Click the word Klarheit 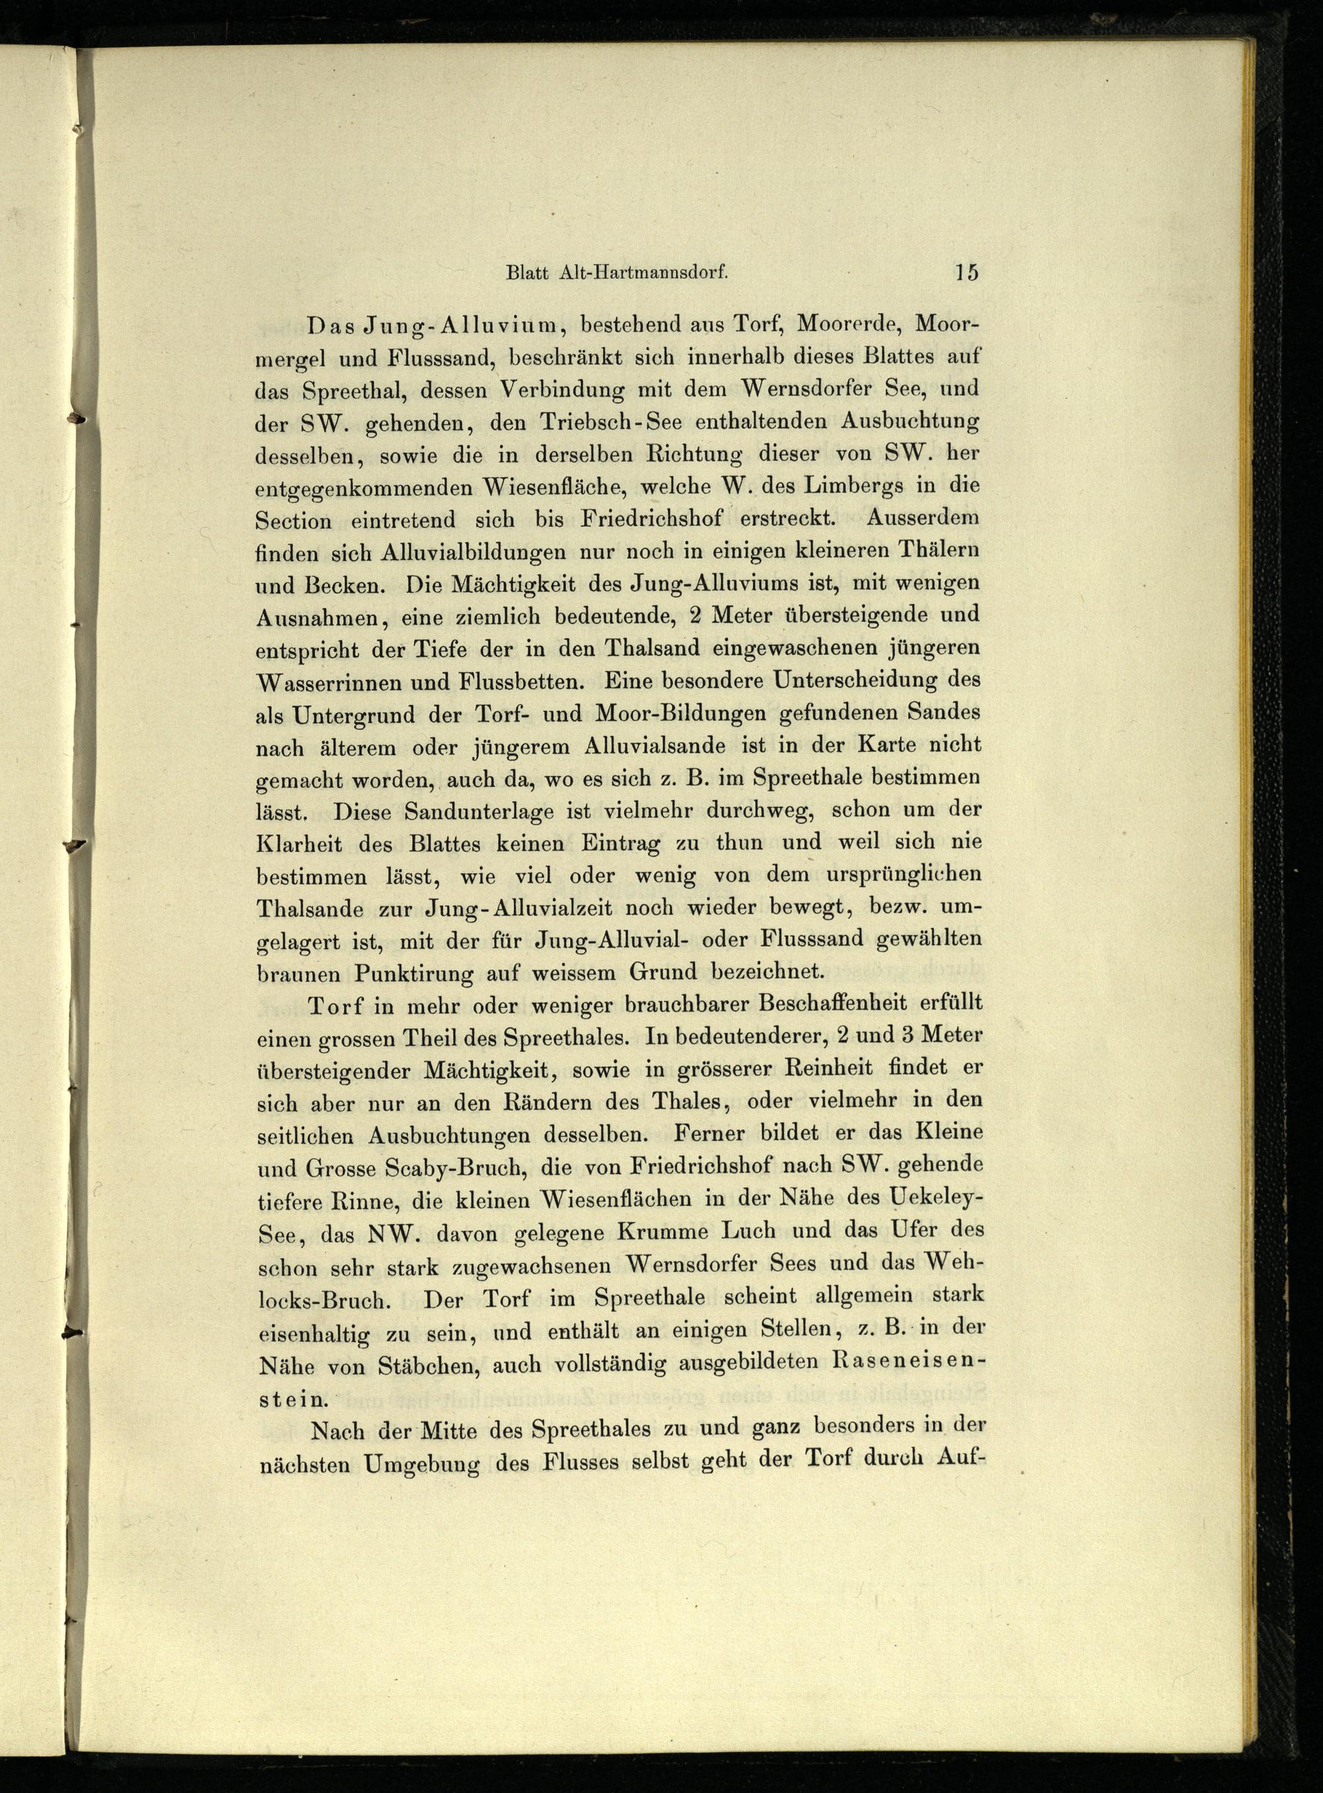302,844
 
